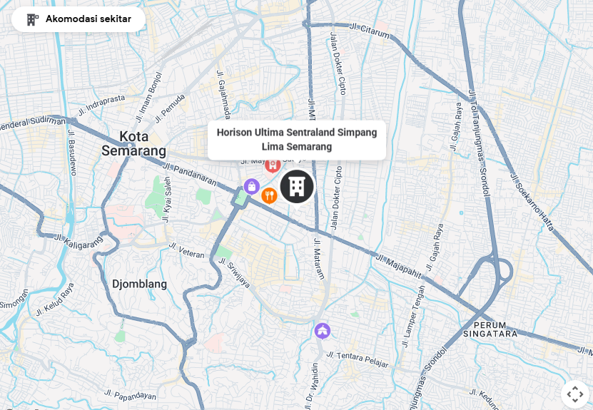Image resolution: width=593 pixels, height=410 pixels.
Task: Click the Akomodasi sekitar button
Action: pyautogui.click(x=78, y=19)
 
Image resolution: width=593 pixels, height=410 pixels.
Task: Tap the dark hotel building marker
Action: pyautogui.click(x=297, y=186)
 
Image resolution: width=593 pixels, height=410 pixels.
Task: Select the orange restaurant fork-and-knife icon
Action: pyautogui.click(x=269, y=195)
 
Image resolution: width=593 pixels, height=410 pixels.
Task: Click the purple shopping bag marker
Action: pyautogui.click(x=251, y=187)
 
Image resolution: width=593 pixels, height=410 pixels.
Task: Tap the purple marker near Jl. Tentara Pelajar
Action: pyautogui.click(x=323, y=331)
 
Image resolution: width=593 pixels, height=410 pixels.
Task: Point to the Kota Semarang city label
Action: pyautogui.click(x=133, y=143)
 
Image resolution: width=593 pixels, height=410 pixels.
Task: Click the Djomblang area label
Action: pyautogui.click(x=139, y=284)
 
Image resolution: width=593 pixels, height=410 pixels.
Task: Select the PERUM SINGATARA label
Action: pyautogui.click(x=490, y=329)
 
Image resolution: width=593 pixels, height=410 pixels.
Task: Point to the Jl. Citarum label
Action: pyautogui.click(x=370, y=31)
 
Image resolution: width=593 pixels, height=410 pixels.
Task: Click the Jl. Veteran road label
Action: pyautogui.click(x=186, y=250)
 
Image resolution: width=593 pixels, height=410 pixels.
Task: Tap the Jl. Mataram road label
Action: pyautogui.click(x=318, y=258)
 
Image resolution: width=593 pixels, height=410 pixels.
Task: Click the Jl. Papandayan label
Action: pyautogui.click(x=129, y=394)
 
